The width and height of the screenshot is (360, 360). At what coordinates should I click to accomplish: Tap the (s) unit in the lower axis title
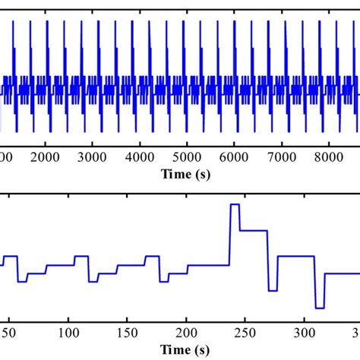pyautogui.click(x=203, y=349)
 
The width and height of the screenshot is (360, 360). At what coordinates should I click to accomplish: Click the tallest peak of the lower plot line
pyautogui.click(x=235, y=205)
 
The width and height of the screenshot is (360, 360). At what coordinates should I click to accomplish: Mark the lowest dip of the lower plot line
pyautogui.click(x=320, y=308)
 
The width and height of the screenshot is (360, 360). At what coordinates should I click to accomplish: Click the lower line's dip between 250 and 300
pyautogui.click(x=273, y=290)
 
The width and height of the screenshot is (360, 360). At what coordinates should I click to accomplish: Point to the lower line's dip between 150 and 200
pyautogui.click(x=163, y=282)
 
